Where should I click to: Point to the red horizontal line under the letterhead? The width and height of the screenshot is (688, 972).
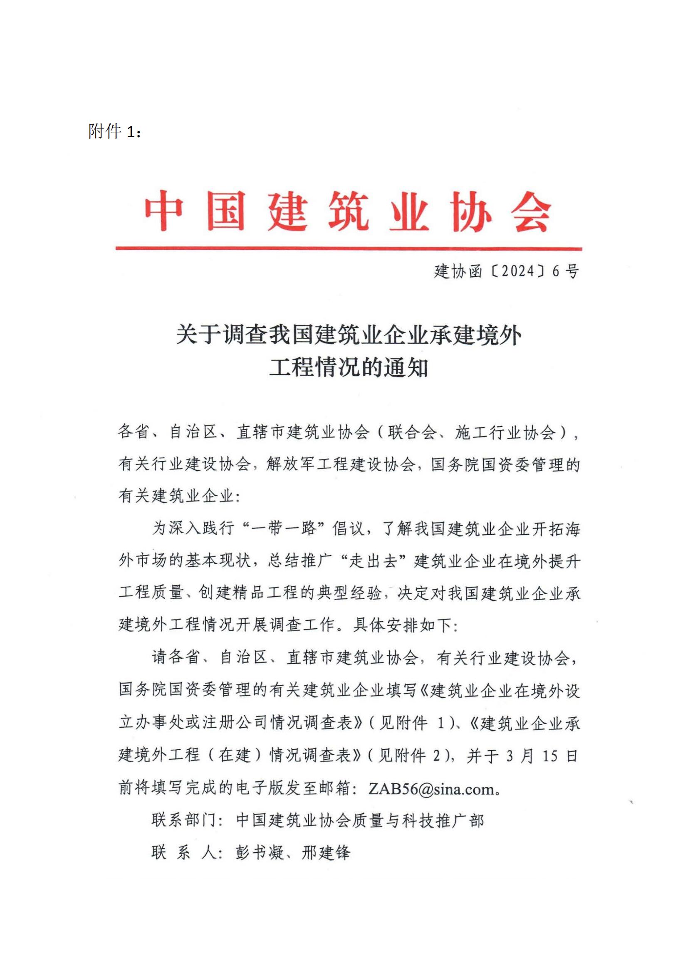(348, 249)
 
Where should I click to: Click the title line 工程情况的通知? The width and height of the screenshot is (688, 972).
(348, 367)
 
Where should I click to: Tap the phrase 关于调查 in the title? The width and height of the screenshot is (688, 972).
(210, 335)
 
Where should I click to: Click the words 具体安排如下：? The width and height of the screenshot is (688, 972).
(406, 625)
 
